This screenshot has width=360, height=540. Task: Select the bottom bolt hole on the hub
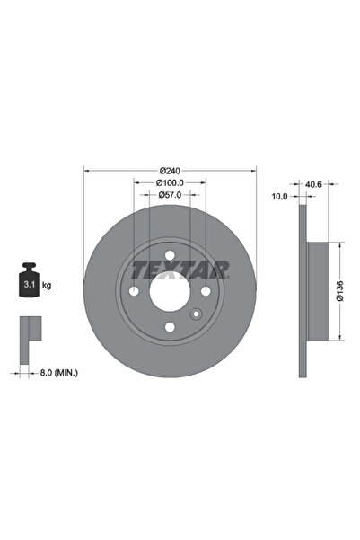[x=168, y=327]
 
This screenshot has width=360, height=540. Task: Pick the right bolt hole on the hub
[x=205, y=291]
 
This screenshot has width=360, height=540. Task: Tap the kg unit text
[x=46, y=285]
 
